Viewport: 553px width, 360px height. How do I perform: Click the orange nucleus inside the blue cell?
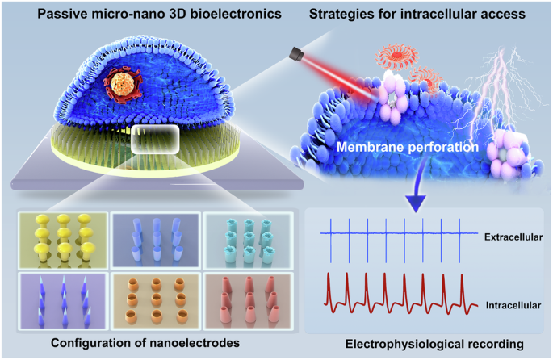click(x=124, y=86)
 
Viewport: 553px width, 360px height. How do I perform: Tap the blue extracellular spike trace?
click(x=396, y=235)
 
